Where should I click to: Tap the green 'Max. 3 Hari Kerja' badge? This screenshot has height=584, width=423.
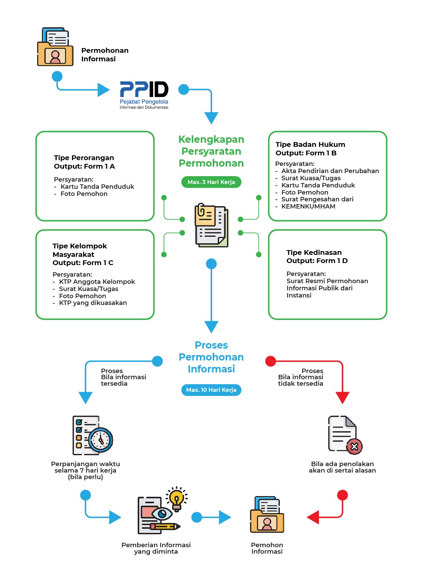tap(211, 182)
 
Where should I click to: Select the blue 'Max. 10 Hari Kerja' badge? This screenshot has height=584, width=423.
tap(211, 390)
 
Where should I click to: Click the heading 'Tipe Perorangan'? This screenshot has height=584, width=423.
tap(84, 158)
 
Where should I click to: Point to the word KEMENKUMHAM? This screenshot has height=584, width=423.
tap(308, 206)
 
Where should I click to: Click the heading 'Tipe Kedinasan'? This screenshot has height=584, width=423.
tap(314, 252)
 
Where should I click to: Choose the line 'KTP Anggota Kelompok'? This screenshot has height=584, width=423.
tap(97, 282)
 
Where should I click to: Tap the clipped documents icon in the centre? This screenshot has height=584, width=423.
tap(211, 225)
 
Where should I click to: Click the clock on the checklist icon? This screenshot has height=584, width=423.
tap(101, 440)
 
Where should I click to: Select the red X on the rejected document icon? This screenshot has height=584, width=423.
tap(354, 446)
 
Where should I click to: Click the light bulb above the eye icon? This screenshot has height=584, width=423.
tap(177, 498)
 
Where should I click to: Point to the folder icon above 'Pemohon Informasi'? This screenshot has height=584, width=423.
tap(267, 515)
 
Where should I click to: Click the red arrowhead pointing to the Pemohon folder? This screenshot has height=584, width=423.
tap(313, 517)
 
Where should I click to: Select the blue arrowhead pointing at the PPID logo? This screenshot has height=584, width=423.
tap(103, 90)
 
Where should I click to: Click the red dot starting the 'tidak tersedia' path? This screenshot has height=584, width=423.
tap(271, 361)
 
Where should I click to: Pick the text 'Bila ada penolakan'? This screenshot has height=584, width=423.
tap(342, 464)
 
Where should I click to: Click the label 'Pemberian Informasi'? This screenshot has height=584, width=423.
tap(156, 545)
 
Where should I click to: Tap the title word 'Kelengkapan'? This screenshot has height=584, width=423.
tap(211, 139)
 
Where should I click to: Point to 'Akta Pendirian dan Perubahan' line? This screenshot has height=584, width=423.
tap(330, 171)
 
